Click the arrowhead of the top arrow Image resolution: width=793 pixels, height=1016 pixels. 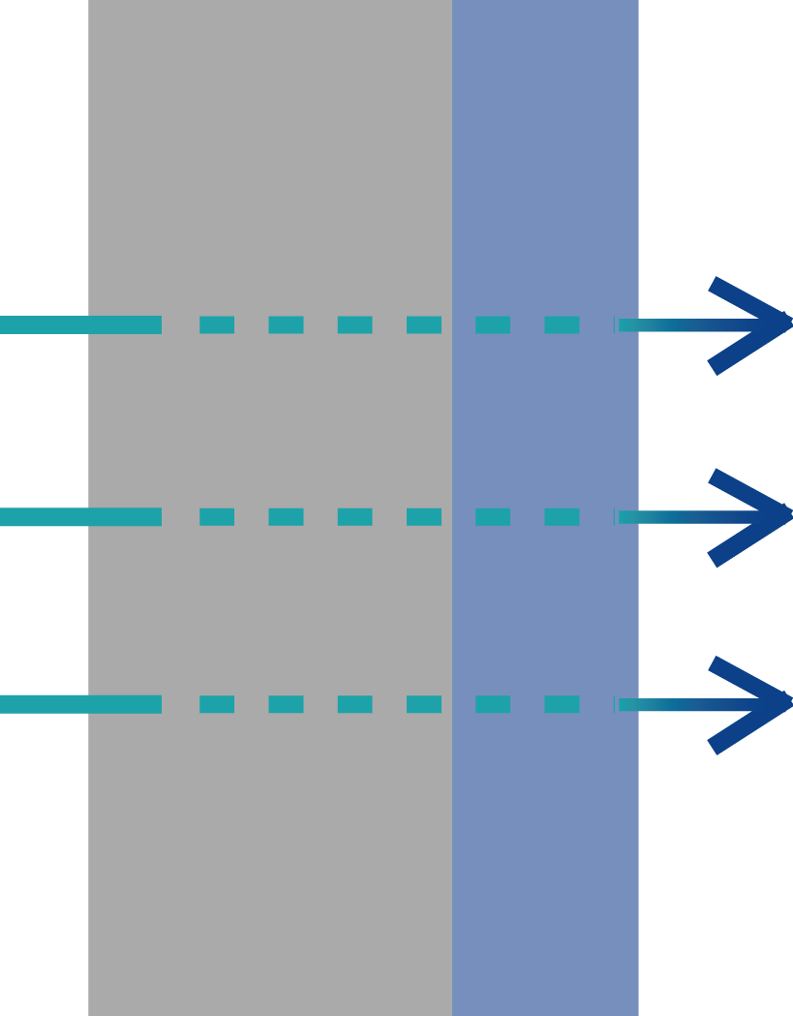[765, 323]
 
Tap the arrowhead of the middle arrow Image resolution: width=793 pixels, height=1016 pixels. [765, 515]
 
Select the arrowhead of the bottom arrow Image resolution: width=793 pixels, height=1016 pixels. [765, 703]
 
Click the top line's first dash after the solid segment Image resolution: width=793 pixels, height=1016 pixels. [217, 324]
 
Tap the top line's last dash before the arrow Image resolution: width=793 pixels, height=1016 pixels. [562, 324]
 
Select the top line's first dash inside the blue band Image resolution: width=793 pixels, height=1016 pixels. [493, 324]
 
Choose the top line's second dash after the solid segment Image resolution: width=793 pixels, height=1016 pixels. [286, 324]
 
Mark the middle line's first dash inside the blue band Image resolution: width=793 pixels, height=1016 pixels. [493, 516]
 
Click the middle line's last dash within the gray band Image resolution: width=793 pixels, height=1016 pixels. [424, 516]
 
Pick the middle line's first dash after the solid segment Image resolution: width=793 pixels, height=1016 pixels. [217, 516]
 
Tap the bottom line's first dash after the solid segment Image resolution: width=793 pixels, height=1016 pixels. [217, 704]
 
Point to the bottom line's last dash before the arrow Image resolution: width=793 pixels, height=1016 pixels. [562, 704]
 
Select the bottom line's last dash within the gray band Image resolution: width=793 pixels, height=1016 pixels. [424, 704]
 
